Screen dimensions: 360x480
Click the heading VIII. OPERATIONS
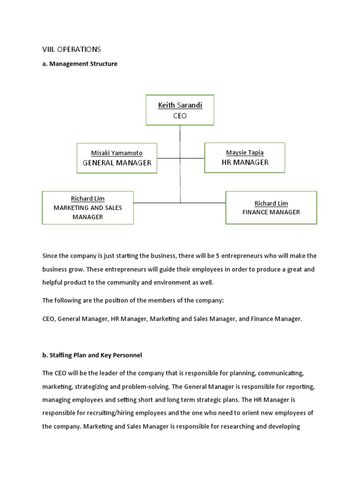(72, 49)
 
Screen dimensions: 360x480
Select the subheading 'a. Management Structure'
(80, 64)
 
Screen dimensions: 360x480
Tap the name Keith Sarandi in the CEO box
(180, 105)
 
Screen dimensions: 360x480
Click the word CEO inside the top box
(180, 116)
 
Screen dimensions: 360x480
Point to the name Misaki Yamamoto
(117, 153)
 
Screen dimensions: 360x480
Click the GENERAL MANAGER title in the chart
(117, 163)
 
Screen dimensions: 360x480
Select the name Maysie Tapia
(245, 152)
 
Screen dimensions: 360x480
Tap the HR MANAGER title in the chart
(245, 162)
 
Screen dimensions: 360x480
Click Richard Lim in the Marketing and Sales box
(88, 198)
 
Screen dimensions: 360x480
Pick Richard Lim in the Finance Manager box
(271, 203)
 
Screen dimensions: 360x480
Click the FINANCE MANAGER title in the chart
(271, 212)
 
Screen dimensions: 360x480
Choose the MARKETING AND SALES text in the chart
(88, 208)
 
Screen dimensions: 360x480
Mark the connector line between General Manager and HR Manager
(180, 158)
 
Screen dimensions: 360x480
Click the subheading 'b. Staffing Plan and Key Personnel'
(92, 355)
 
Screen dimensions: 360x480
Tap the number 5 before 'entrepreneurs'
(217, 255)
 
